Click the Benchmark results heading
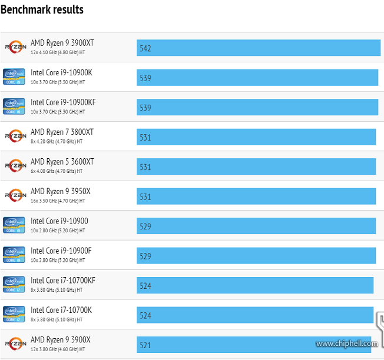click(42, 9)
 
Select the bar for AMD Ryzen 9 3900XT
click(258, 48)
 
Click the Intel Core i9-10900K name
click(61, 72)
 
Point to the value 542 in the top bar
click(145, 48)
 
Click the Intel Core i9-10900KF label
click(63, 102)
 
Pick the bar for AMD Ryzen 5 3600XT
click(256, 167)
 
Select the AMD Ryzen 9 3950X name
click(60, 191)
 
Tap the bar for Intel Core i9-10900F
click(256, 256)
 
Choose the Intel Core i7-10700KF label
click(62, 281)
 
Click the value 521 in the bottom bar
click(145, 345)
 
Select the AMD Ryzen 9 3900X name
click(60, 340)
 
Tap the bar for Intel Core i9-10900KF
click(257, 108)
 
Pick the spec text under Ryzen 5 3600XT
click(57, 171)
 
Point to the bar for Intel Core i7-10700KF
click(254, 286)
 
